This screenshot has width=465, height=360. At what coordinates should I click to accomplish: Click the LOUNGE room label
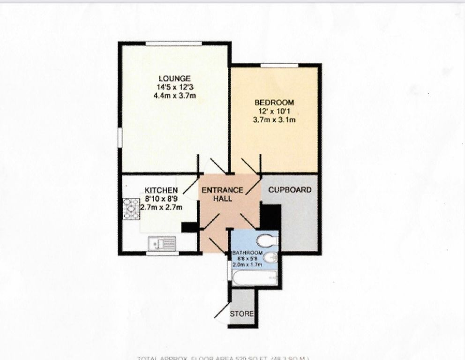(x=174, y=78)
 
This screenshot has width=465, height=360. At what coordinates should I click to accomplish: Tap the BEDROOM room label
(x=274, y=103)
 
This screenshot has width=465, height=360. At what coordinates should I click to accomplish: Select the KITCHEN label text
(x=161, y=190)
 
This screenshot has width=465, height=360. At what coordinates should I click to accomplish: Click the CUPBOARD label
(x=290, y=190)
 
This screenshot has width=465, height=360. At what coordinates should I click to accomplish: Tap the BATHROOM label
(x=247, y=254)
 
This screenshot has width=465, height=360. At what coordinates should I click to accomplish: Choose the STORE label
(x=242, y=314)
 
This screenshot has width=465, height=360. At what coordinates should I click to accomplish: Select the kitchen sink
(x=162, y=243)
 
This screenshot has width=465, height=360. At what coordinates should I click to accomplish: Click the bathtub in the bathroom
(x=254, y=279)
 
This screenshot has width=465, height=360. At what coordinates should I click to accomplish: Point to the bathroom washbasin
(x=271, y=258)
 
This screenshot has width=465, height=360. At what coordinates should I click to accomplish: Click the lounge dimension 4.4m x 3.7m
(x=174, y=96)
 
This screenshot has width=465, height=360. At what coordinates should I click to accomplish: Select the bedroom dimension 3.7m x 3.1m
(x=274, y=120)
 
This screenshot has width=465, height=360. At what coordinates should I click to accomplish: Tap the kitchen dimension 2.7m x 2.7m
(x=161, y=207)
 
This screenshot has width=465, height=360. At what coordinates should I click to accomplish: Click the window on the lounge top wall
(x=173, y=44)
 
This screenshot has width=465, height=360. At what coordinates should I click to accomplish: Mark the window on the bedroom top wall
(x=279, y=65)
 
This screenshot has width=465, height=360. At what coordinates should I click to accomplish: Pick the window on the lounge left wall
(x=120, y=137)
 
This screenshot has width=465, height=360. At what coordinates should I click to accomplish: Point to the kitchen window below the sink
(x=162, y=254)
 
